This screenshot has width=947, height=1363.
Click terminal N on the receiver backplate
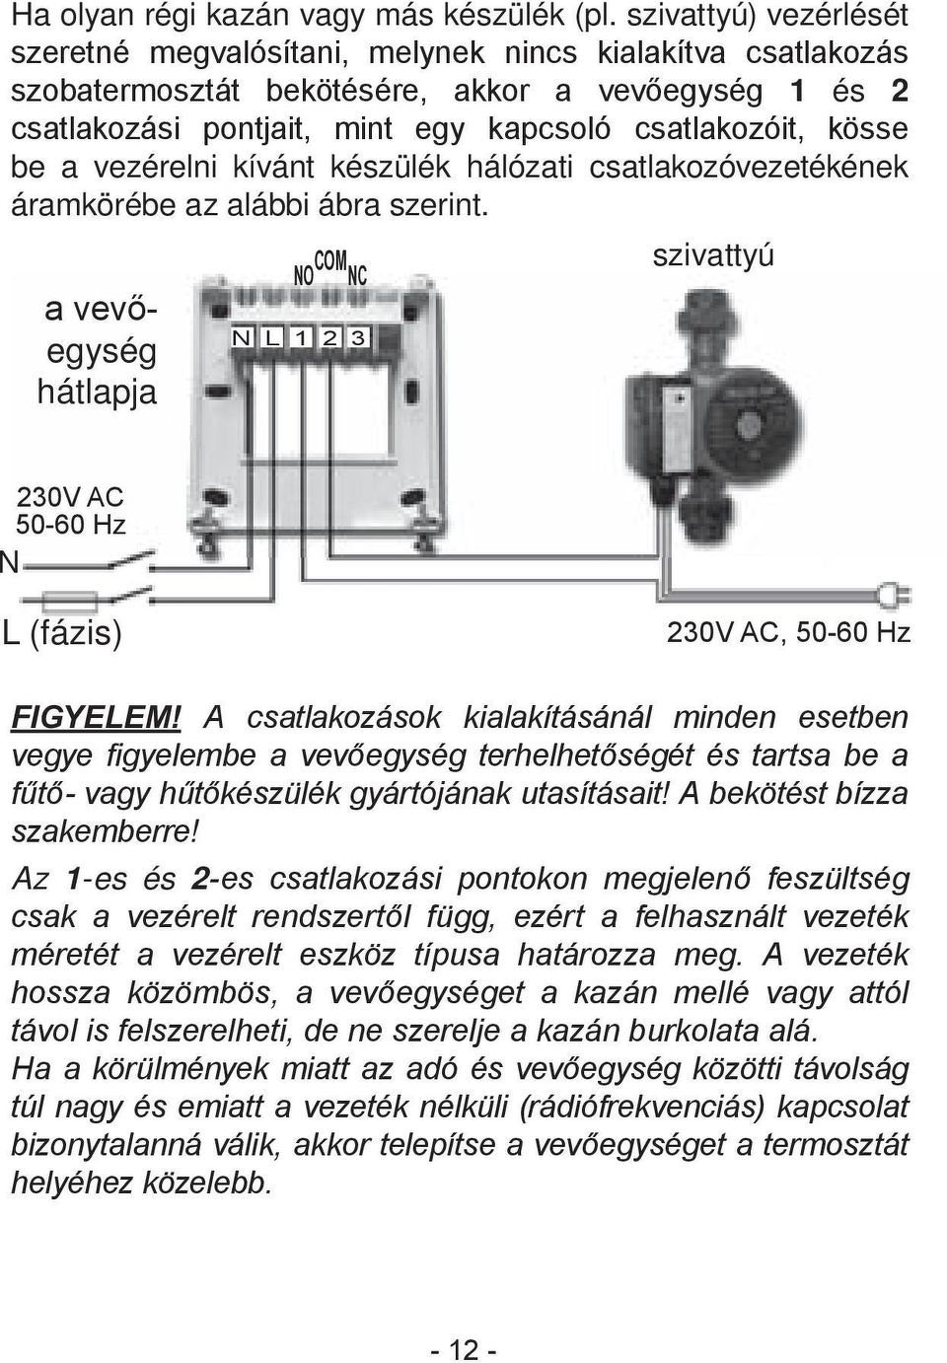(x=241, y=338)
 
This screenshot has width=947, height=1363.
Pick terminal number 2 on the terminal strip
(x=329, y=338)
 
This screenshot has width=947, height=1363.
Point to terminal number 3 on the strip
(x=357, y=338)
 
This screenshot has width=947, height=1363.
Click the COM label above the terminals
(x=330, y=260)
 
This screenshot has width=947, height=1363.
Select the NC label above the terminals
(x=357, y=275)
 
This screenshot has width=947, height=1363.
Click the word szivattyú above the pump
(x=713, y=255)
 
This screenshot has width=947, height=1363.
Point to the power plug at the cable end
(x=897, y=595)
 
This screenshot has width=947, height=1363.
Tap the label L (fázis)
(x=62, y=632)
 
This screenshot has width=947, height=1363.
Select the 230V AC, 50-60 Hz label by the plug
(x=788, y=632)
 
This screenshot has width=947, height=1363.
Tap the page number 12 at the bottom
(x=463, y=1349)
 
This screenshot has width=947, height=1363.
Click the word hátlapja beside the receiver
(x=97, y=392)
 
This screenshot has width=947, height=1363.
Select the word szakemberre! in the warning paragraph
(x=107, y=831)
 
